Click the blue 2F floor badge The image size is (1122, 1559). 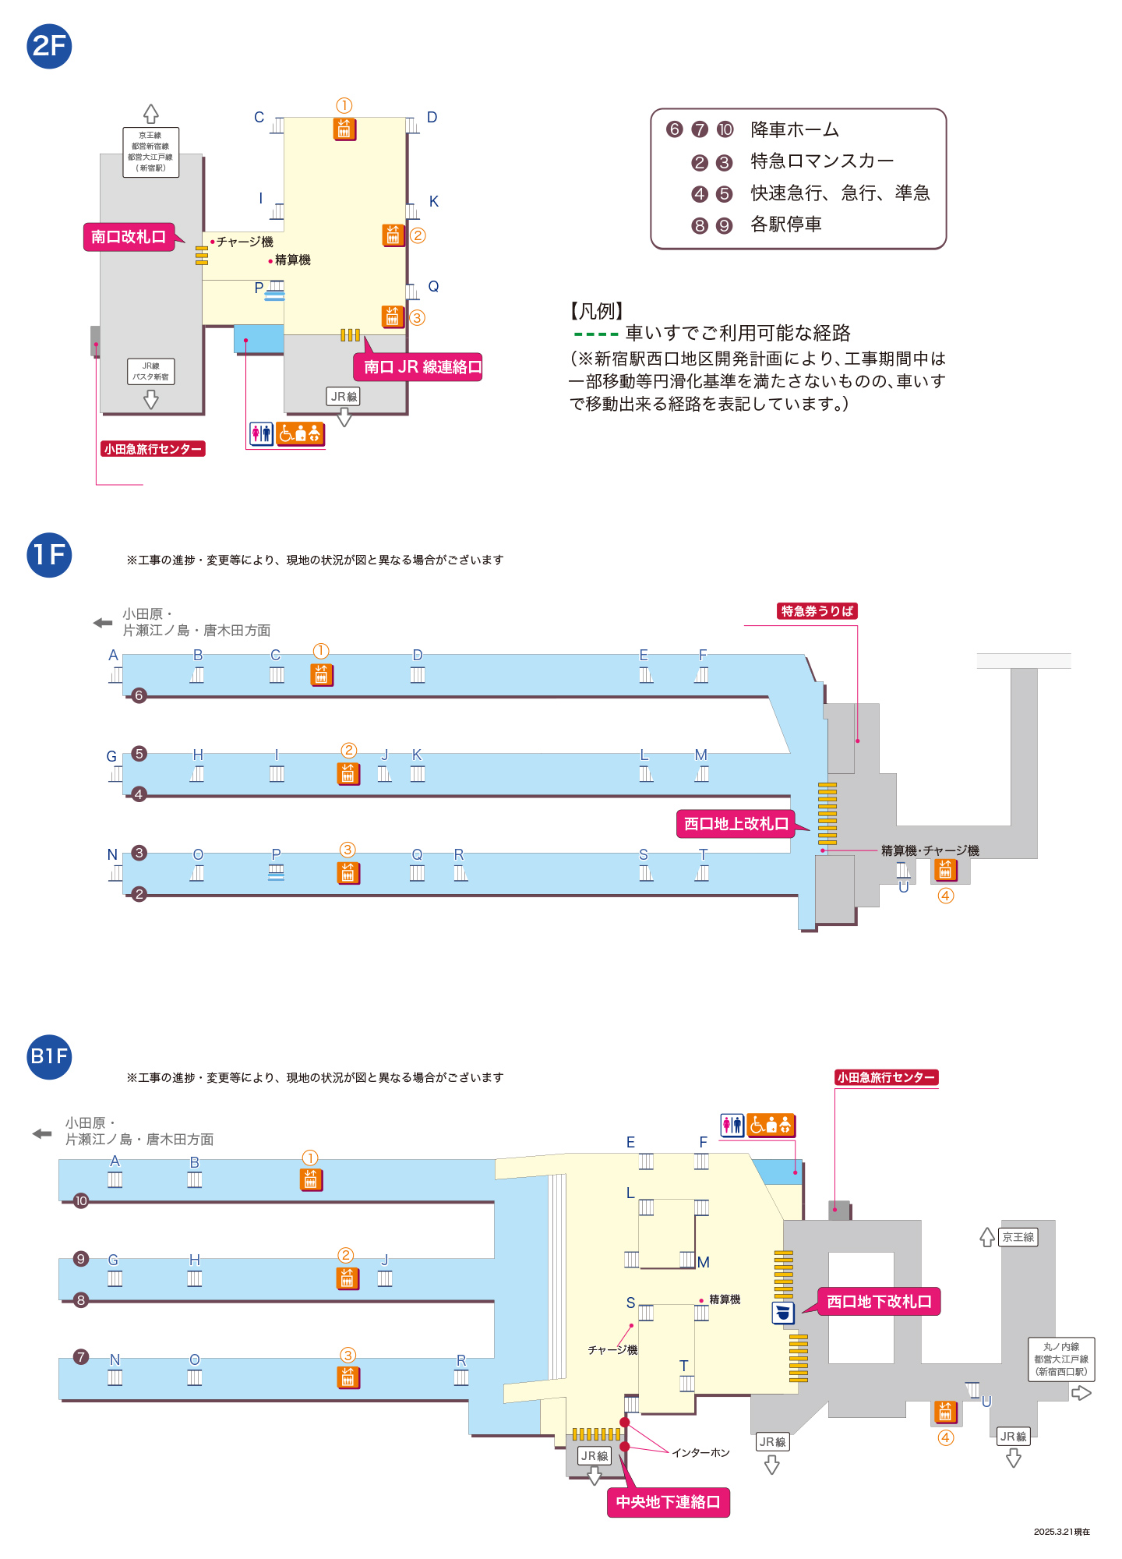click(49, 46)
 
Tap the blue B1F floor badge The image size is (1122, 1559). click(49, 1056)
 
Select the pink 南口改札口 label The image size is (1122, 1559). click(129, 237)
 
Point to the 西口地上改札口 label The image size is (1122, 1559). click(736, 824)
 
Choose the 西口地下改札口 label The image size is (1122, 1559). click(879, 1302)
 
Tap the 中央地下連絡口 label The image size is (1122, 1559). click(668, 1502)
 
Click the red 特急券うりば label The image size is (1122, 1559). click(817, 611)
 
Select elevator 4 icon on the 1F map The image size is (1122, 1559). click(945, 869)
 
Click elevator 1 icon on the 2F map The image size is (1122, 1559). click(344, 129)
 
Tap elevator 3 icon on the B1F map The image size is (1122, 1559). click(348, 1377)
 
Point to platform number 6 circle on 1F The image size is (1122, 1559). click(139, 695)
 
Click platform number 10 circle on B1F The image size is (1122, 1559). click(81, 1201)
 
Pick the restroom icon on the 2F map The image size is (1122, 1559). click(261, 433)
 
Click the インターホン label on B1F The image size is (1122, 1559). click(700, 1453)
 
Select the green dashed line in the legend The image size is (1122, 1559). click(596, 334)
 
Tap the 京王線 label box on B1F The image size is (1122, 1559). click(1018, 1237)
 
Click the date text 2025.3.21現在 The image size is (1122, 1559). click(1061, 1532)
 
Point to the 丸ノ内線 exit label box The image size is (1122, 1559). click(1061, 1359)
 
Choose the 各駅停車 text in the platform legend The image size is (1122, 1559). click(785, 224)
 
